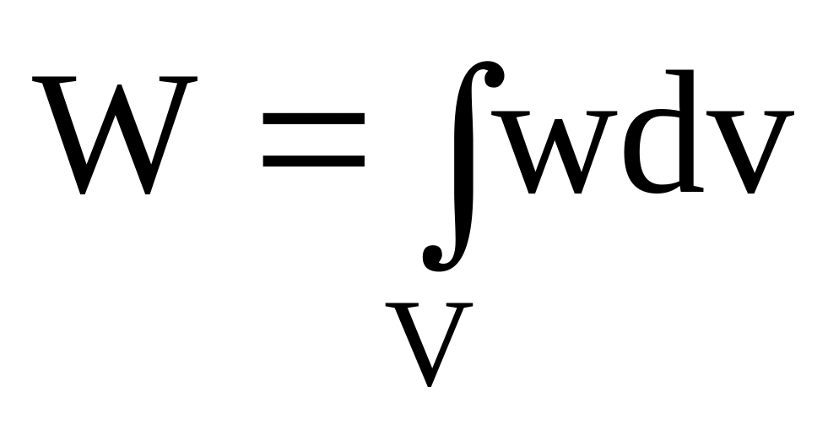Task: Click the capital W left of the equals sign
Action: pyautogui.click(x=115, y=135)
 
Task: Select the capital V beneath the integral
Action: pyautogui.click(x=430, y=342)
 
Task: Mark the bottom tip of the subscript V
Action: pyautogui.click(x=430, y=385)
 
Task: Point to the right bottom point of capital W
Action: pyautogui.click(x=148, y=193)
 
